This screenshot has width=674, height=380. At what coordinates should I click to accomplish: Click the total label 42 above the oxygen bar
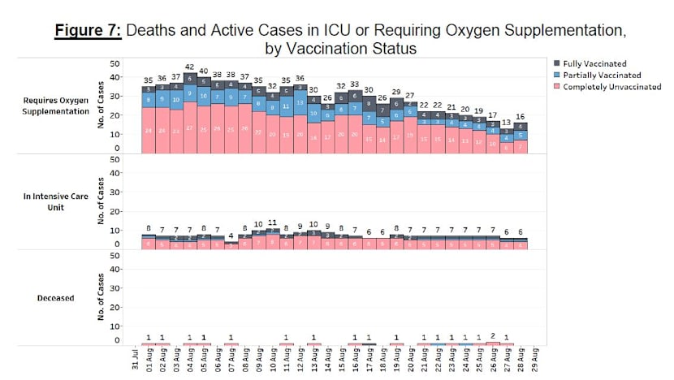(189, 67)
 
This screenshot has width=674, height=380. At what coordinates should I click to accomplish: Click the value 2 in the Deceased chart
(493, 336)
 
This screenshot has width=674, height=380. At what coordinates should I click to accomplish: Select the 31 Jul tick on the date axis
(134, 360)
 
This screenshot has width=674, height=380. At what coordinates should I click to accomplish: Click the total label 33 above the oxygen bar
(355, 84)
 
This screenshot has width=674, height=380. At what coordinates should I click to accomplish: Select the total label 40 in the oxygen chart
(203, 71)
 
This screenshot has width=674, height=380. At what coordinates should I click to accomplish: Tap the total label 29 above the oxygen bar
(396, 92)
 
